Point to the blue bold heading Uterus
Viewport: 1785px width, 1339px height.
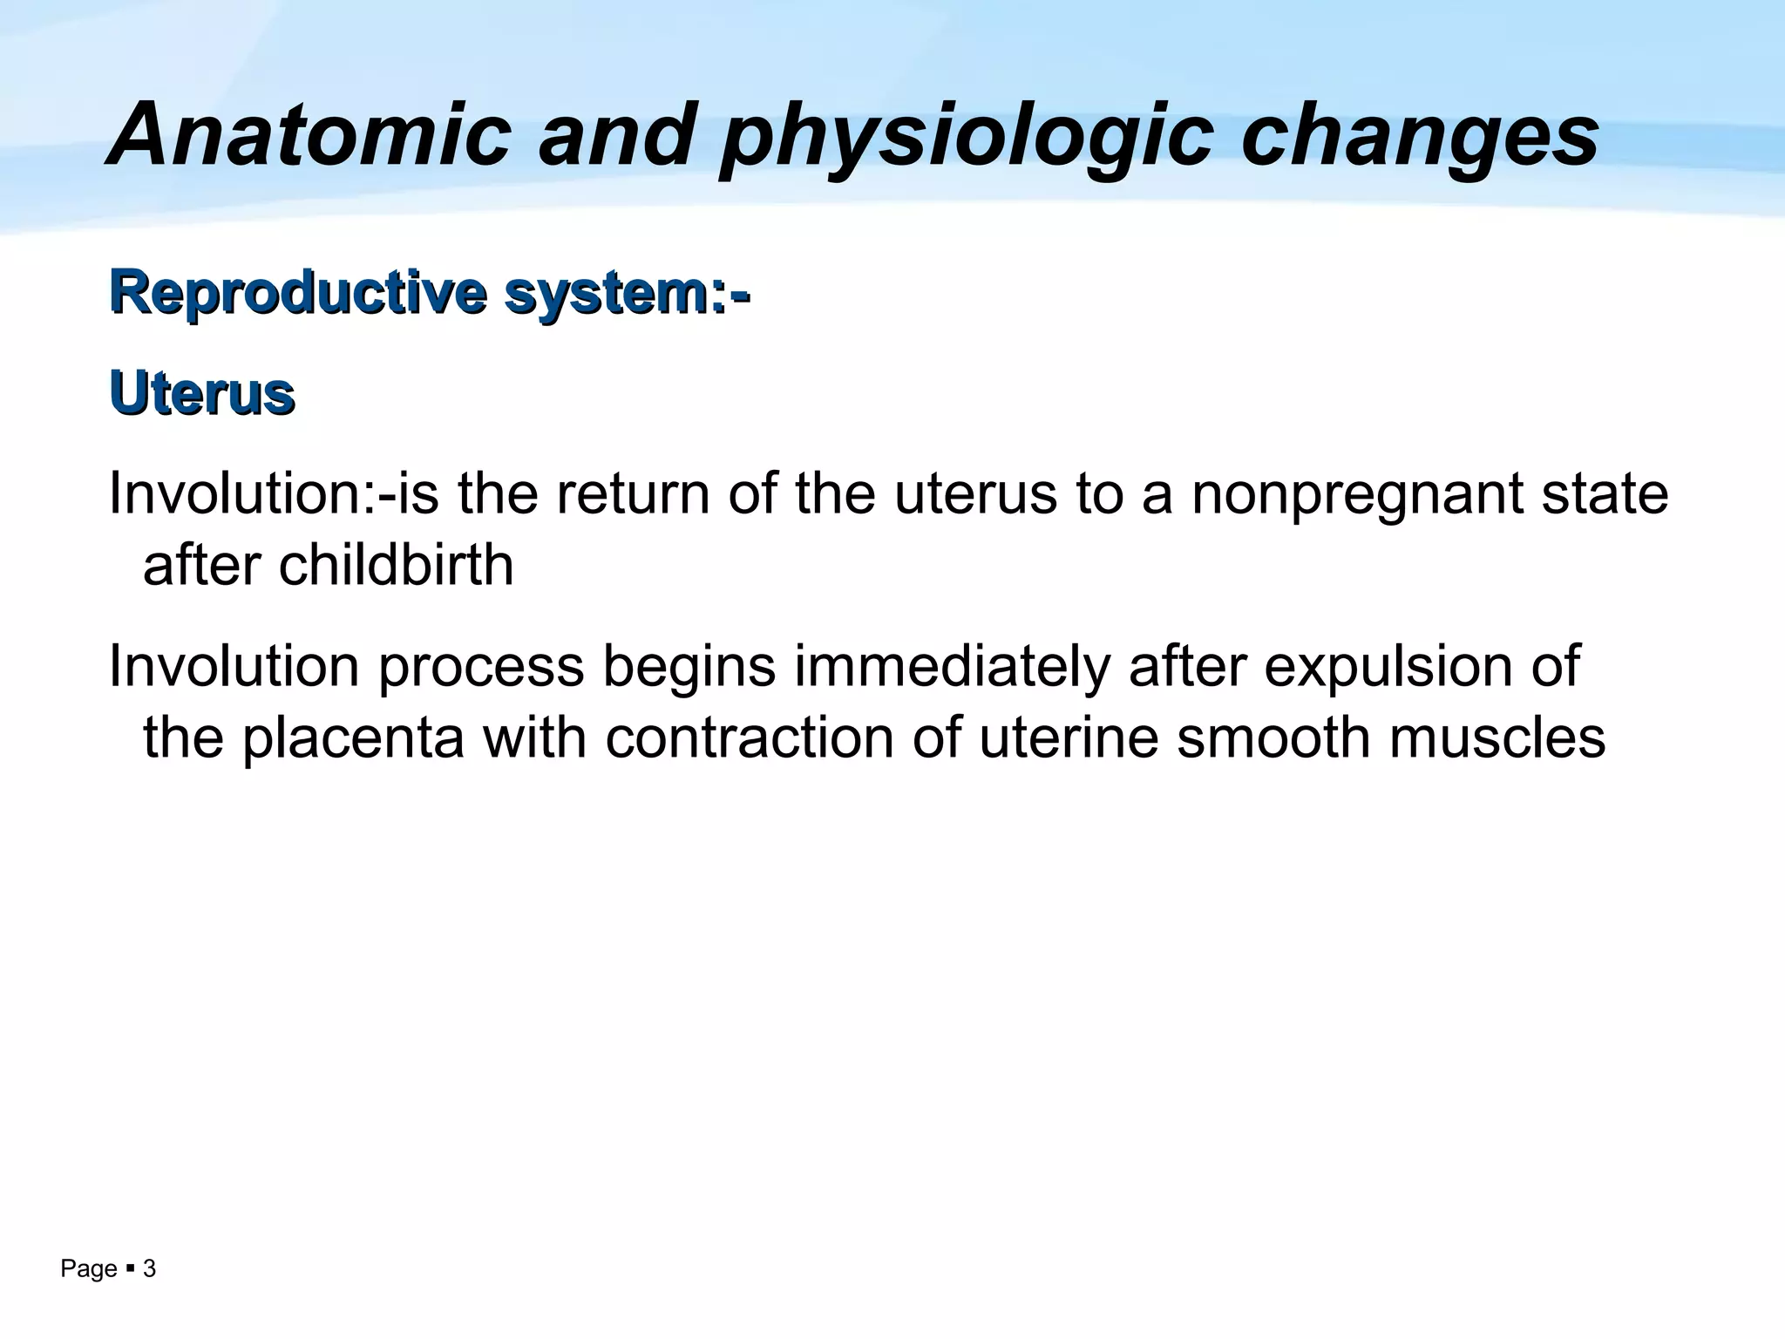tap(202, 394)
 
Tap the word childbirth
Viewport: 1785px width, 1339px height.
tap(396, 566)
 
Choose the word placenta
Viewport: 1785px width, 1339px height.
tap(352, 738)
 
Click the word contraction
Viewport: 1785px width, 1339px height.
tap(750, 738)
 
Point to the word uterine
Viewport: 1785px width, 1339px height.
tap(1069, 738)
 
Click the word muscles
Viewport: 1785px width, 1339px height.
tap(1497, 738)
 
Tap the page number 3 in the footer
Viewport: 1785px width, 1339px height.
tap(149, 1269)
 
